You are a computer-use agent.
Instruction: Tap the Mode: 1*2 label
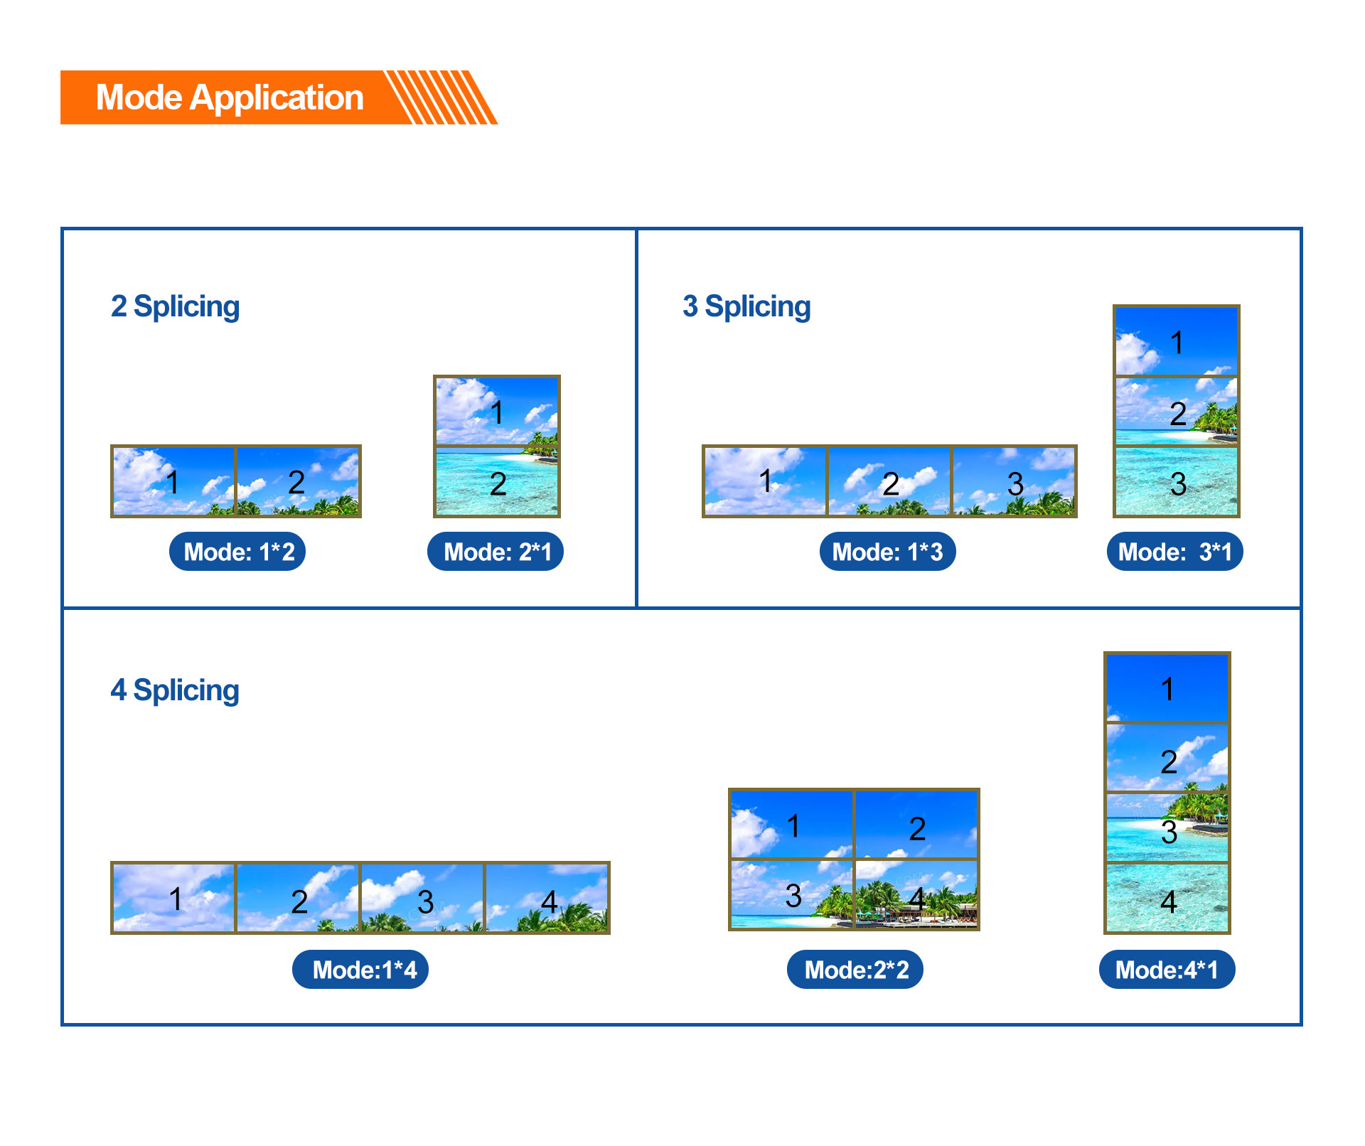(237, 552)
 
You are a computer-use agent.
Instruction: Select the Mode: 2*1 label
(496, 552)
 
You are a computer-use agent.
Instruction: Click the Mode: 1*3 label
(887, 552)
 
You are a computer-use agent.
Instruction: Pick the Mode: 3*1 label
(1174, 552)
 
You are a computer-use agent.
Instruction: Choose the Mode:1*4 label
(360, 970)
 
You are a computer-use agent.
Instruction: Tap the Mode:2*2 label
(855, 970)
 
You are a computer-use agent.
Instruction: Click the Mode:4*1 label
(1167, 970)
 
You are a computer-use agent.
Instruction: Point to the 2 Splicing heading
(175, 307)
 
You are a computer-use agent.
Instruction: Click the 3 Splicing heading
(746, 307)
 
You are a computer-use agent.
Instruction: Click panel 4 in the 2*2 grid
(916, 894)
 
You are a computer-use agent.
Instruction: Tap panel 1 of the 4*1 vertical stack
(1167, 687)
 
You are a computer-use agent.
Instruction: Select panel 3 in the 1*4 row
(422, 898)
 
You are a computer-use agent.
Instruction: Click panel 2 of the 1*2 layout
(298, 481)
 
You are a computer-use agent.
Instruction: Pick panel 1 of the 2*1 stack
(497, 411)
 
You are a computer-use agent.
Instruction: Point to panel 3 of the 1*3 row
(1014, 481)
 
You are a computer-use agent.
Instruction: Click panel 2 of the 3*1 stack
(1177, 411)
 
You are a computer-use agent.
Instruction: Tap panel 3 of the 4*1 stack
(1167, 828)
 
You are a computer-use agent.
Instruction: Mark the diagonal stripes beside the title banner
(441, 97)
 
